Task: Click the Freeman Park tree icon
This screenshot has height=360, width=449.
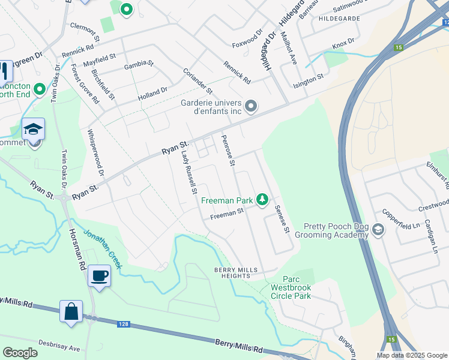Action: (262, 199)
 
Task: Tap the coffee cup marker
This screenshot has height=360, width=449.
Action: (99, 276)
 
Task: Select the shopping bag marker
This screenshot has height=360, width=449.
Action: (71, 312)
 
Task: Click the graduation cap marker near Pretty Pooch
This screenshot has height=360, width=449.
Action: (378, 229)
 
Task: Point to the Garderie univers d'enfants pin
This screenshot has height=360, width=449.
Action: (251, 107)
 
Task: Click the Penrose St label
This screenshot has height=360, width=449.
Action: (227, 150)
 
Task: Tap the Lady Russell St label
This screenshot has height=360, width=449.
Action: (189, 173)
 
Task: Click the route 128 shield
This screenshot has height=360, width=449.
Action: (122, 324)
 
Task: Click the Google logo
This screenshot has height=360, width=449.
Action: (20, 353)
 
